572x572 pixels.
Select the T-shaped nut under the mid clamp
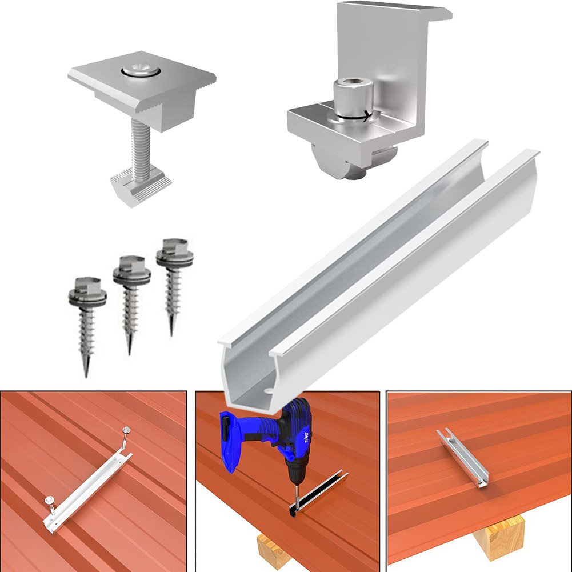[140, 186]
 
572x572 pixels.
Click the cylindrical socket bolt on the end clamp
[353, 97]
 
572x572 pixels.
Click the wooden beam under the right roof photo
[499, 535]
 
